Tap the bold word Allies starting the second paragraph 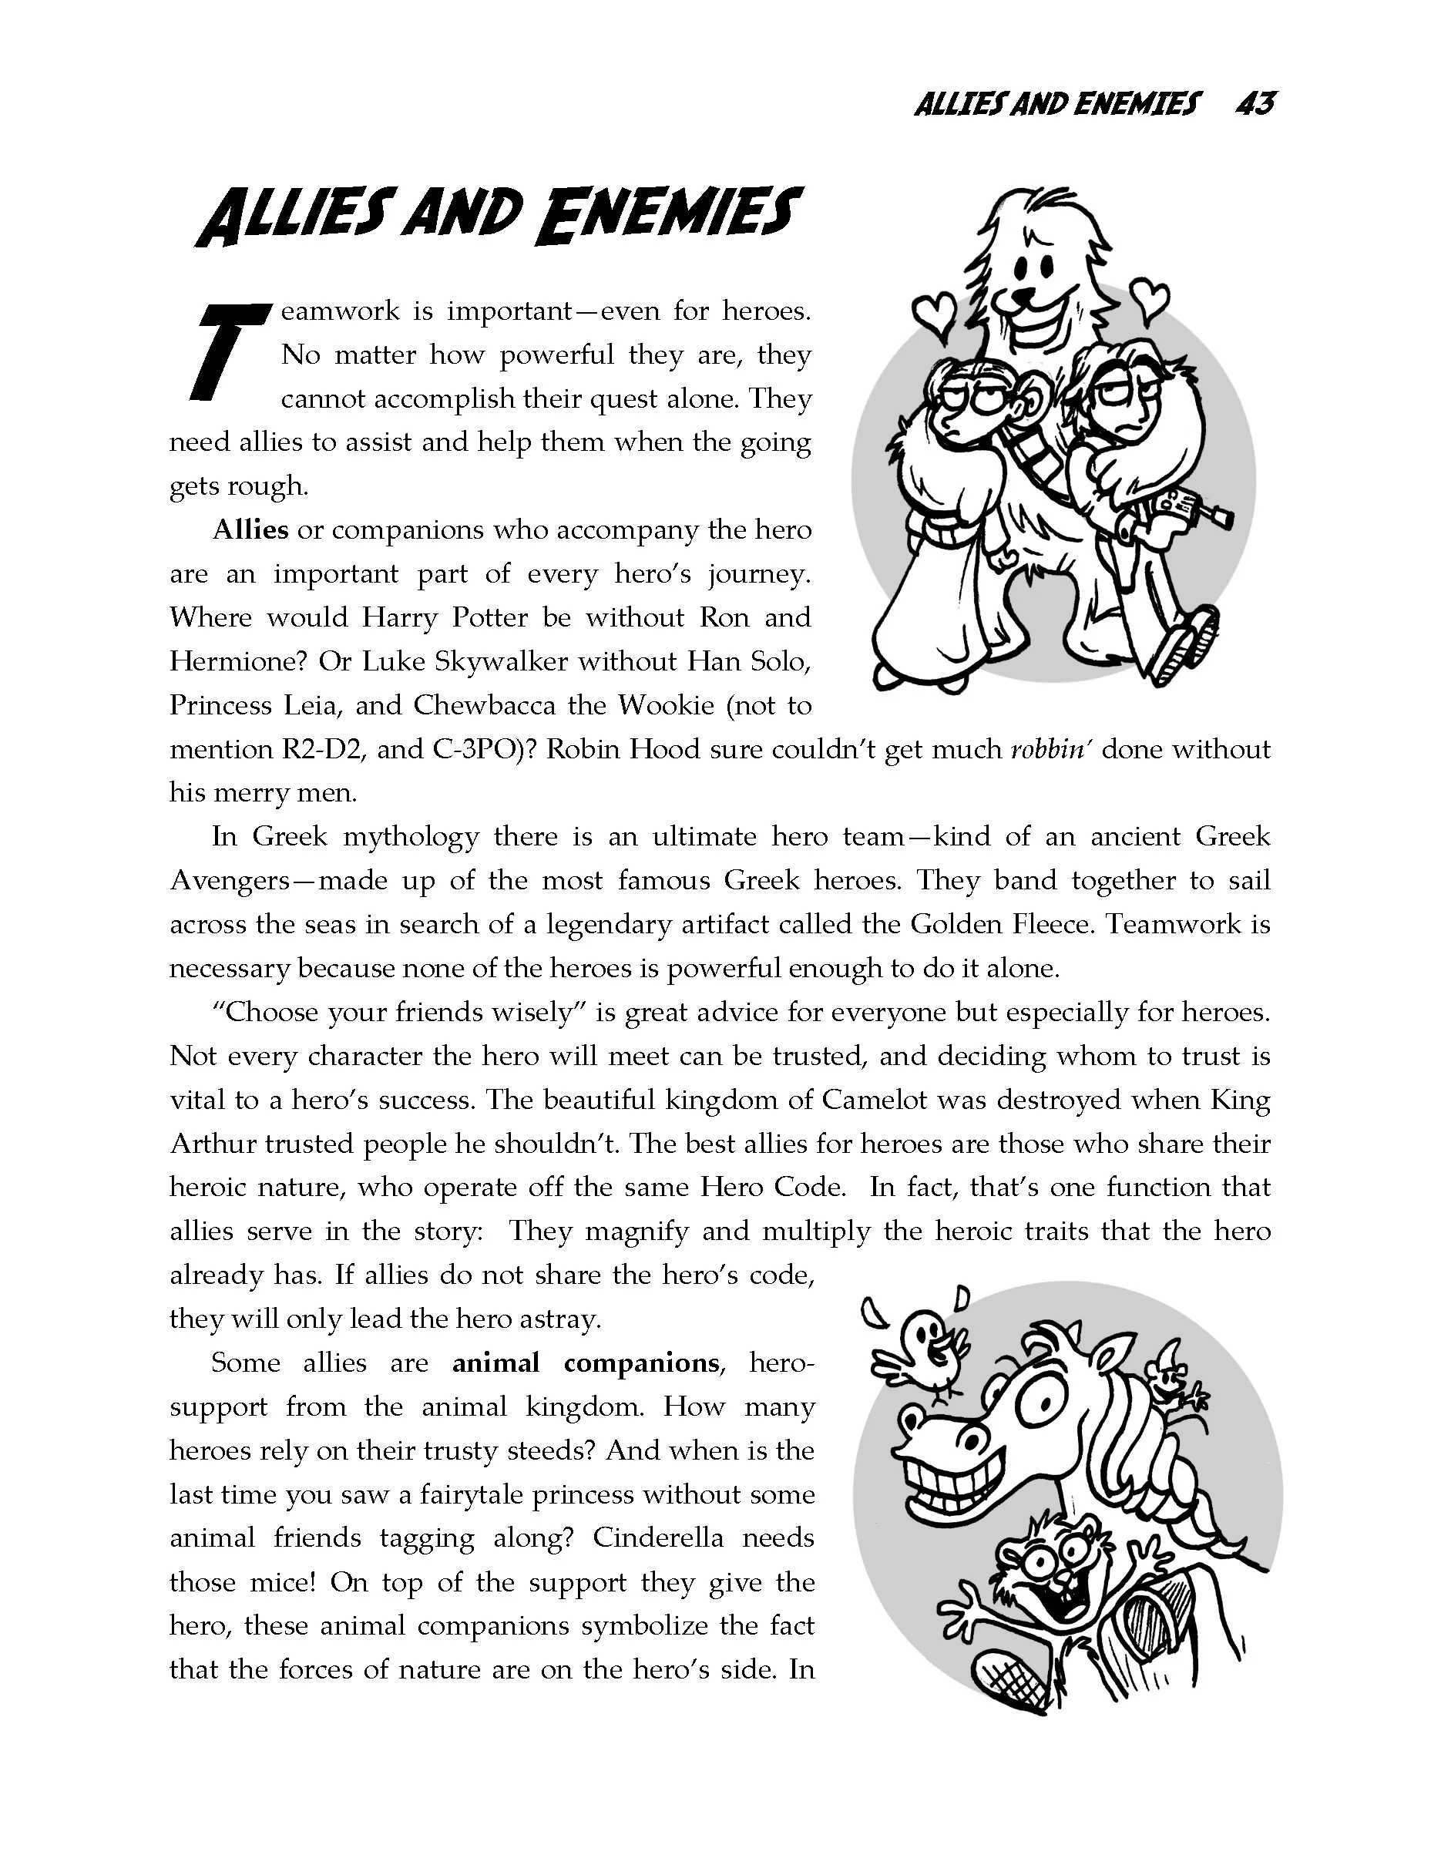(250, 530)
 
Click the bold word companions (641, 1363)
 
